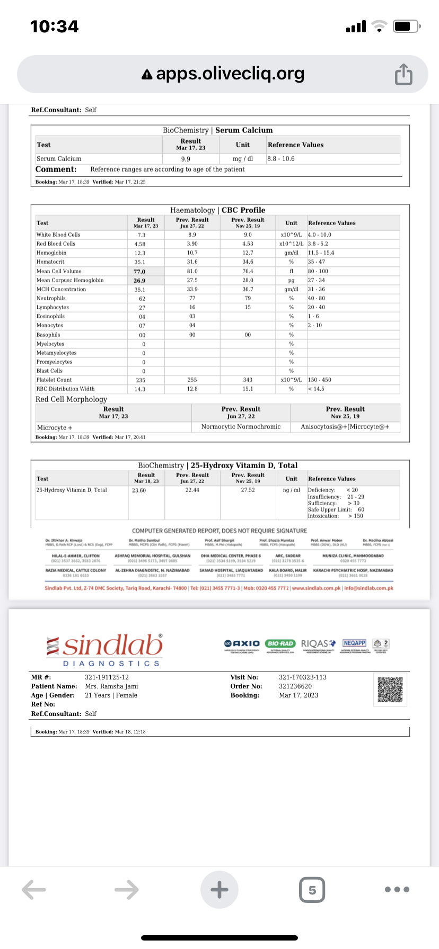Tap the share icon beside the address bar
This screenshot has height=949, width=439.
pyautogui.click(x=403, y=74)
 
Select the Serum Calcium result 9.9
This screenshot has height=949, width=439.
pyautogui.click(x=186, y=159)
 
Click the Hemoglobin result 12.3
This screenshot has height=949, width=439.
pyautogui.click(x=140, y=253)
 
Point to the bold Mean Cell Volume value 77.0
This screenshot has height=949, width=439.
pyautogui.click(x=139, y=271)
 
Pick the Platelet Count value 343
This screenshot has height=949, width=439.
pyautogui.click(x=248, y=380)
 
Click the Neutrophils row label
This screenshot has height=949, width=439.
pyautogui.click(x=51, y=298)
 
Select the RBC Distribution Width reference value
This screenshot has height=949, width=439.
pyautogui.click(x=316, y=389)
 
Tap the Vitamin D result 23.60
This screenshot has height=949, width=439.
pyautogui.click(x=139, y=490)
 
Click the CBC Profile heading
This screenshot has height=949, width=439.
pyautogui.click(x=243, y=210)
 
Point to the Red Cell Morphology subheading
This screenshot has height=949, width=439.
pyautogui.click(x=71, y=399)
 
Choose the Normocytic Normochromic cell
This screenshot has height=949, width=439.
pyautogui.click(x=241, y=427)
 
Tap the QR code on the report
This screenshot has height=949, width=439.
pyautogui.click(x=390, y=689)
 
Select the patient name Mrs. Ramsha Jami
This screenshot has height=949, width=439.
pyautogui.click(x=111, y=686)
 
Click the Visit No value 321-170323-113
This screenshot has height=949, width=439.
pyautogui.click(x=303, y=677)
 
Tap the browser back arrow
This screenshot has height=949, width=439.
pyautogui.click(x=34, y=889)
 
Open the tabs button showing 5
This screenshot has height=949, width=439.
pyautogui.click(x=312, y=889)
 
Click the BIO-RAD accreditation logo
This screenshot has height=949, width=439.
pyautogui.click(x=280, y=643)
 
